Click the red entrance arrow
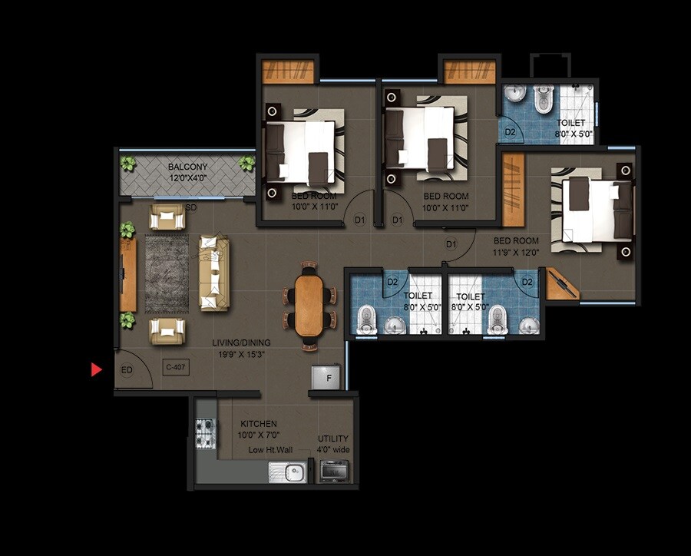coord(96,370)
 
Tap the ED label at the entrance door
coord(127,370)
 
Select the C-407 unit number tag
coord(176,367)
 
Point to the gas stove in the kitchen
coord(205,433)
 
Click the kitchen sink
coord(287,472)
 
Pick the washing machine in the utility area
coord(333,472)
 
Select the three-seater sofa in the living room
coord(213,273)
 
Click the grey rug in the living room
coord(167,273)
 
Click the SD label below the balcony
coord(190,208)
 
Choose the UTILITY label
coord(332,439)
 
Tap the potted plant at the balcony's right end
coord(246,164)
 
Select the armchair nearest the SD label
coord(167,219)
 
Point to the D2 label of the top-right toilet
coord(510,131)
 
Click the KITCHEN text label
coord(258,424)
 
